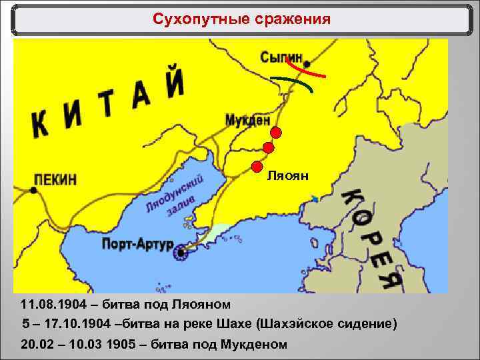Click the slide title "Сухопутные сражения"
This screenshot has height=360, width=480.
click(241, 19)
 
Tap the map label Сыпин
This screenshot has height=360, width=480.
click(281, 57)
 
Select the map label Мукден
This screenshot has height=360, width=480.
click(247, 121)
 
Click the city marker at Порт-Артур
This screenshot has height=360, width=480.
click(180, 253)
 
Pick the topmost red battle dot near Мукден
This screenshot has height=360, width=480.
click(276, 133)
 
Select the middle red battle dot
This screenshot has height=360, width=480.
click(269, 148)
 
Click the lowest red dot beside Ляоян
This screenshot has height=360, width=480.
click(257, 166)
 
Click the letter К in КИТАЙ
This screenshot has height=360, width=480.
click(41, 124)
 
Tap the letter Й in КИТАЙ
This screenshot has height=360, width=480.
click(175, 83)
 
